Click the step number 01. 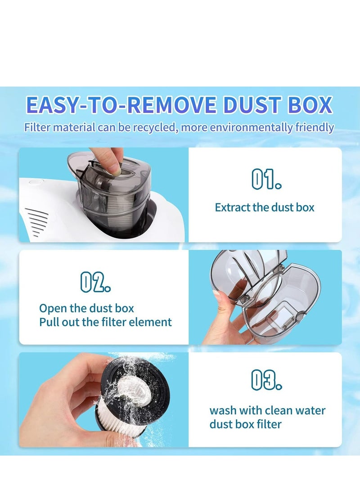pyautogui.click(x=266, y=180)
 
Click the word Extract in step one pyautogui.click(x=231, y=207)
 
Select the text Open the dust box pyautogui.click(x=86, y=309)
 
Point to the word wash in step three pyautogui.click(x=222, y=410)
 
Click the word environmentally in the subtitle pyautogui.click(x=246, y=127)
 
